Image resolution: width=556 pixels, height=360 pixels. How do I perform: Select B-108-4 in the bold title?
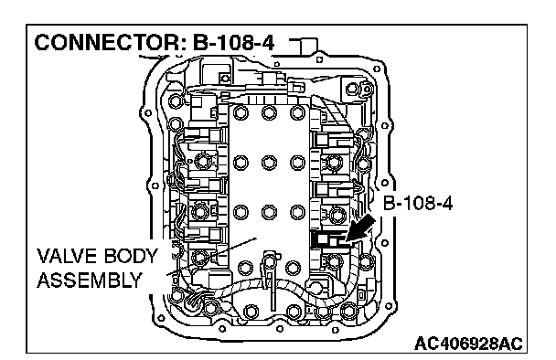pyautogui.click(x=233, y=43)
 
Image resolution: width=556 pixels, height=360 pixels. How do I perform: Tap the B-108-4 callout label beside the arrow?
pyautogui.click(x=418, y=204)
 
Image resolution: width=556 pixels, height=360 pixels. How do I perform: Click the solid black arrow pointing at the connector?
pyautogui.click(x=360, y=229)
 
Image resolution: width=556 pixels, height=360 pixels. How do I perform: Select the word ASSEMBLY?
pyautogui.click(x=90, y=281)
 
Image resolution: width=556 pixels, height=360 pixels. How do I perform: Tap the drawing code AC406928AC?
pyautogui.click(x=468, y=344)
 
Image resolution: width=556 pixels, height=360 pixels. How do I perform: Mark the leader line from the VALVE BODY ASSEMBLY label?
pyautogui.click(x=211, y=256)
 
